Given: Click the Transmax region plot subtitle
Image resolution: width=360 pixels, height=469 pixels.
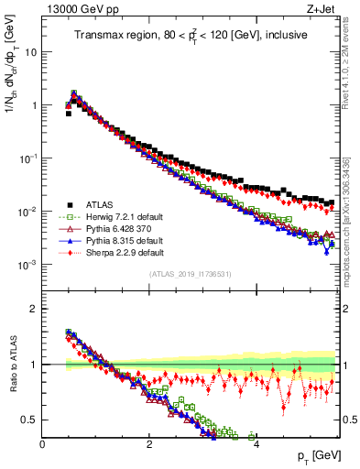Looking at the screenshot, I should coord(191,36).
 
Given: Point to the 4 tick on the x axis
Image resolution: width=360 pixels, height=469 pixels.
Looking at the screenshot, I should coord(256,443).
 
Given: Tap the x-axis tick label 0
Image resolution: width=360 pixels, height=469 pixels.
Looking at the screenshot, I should coord(42,443).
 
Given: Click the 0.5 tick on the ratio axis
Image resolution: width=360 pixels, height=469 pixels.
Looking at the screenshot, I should coord(31,420).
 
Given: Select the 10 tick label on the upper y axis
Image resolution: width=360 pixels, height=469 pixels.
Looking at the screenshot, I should coord(29,52).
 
